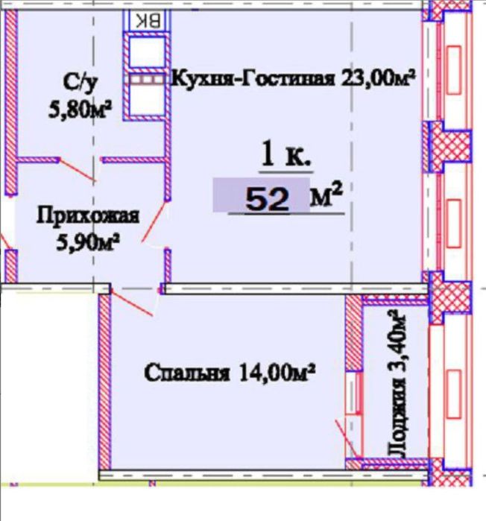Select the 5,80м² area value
78,110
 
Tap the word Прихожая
89,217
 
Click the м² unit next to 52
326,197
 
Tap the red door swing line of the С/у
78,170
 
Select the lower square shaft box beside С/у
146,101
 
